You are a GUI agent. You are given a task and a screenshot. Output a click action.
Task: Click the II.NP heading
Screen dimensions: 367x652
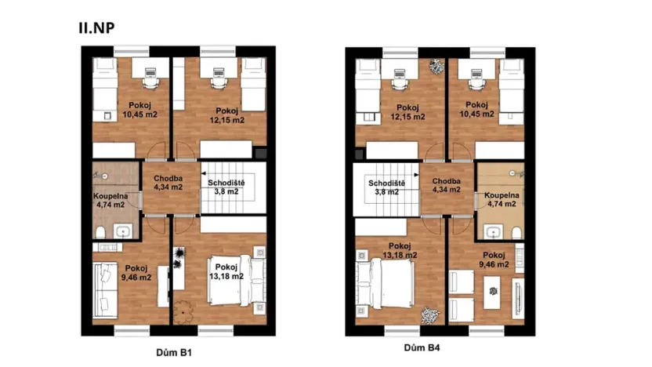(x=97, y=27)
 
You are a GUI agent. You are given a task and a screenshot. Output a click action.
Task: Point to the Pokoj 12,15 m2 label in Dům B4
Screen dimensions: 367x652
(x=407, y=112)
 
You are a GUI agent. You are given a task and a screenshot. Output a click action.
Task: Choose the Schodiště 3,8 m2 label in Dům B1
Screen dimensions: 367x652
(x=224, y=187)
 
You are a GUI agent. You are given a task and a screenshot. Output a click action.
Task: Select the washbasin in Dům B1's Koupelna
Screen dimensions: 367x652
(x=124, y=231)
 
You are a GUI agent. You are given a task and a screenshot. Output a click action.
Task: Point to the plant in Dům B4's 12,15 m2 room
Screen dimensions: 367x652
(x=436, y=66)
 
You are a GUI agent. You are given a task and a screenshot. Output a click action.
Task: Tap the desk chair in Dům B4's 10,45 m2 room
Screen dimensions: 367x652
(x=475, y=78)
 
